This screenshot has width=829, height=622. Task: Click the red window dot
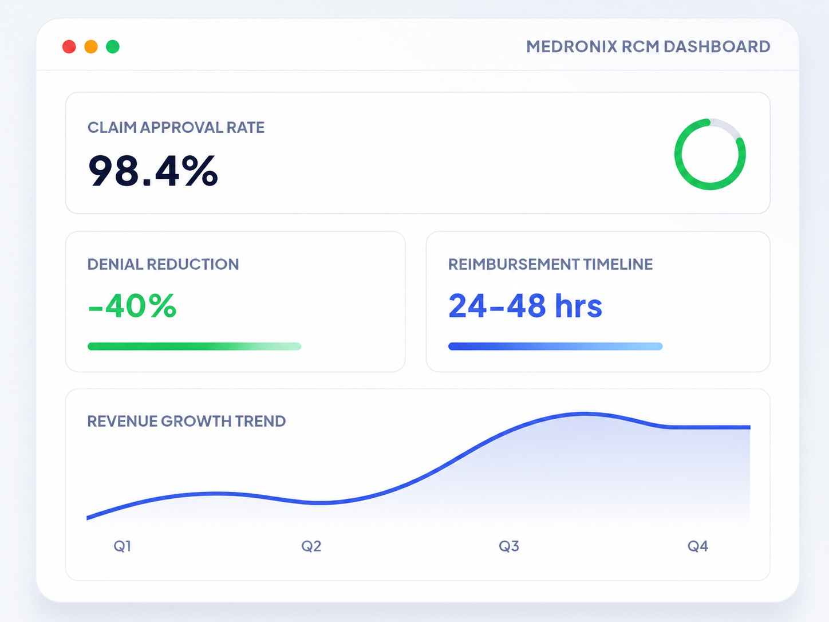coord(69,47)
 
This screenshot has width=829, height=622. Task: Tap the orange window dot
coord(91,47)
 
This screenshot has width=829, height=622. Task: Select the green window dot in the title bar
coord(113,47)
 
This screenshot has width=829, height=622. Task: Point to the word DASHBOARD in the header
coord(717,47)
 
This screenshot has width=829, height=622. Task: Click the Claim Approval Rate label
coord(176,128)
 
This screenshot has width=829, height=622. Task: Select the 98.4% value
coord(153,171)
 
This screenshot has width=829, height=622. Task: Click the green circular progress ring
coord(676,155)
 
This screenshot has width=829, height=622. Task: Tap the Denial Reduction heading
coord(163,265)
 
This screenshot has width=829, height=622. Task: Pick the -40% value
coord(132,306)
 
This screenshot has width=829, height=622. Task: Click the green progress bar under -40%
coord(195,347)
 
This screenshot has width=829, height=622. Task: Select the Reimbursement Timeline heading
coord(550,265)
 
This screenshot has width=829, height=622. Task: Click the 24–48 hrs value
coord(525,306)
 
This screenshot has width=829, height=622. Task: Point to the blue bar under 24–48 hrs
coord(555,347)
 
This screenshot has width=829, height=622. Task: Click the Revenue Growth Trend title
coord(187,421)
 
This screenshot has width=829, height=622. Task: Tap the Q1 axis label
coord(123,546)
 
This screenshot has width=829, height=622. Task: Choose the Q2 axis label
coord(311,546)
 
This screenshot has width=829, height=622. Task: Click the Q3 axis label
coord(509,546)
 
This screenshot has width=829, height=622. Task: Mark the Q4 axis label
coord(697,546)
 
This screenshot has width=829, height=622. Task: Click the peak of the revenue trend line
coord(583,414)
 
